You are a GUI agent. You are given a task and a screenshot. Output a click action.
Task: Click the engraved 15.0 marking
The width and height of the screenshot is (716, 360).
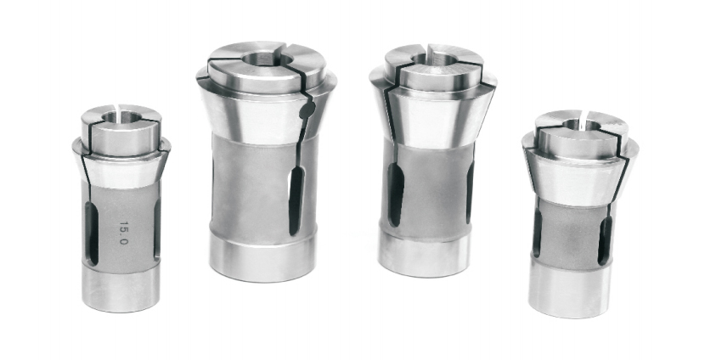pyautogui.click(x=123, y=233)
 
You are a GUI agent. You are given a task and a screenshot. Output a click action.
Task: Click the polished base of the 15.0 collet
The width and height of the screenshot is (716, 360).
pyautogui.click(x=121, y=288)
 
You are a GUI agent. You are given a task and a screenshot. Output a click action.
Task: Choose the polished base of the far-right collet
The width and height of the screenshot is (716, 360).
pyautogui.click(x=570, y=289)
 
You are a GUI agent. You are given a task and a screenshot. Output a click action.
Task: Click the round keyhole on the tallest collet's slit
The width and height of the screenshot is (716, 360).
pyautogui.click(x=308, y=110)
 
